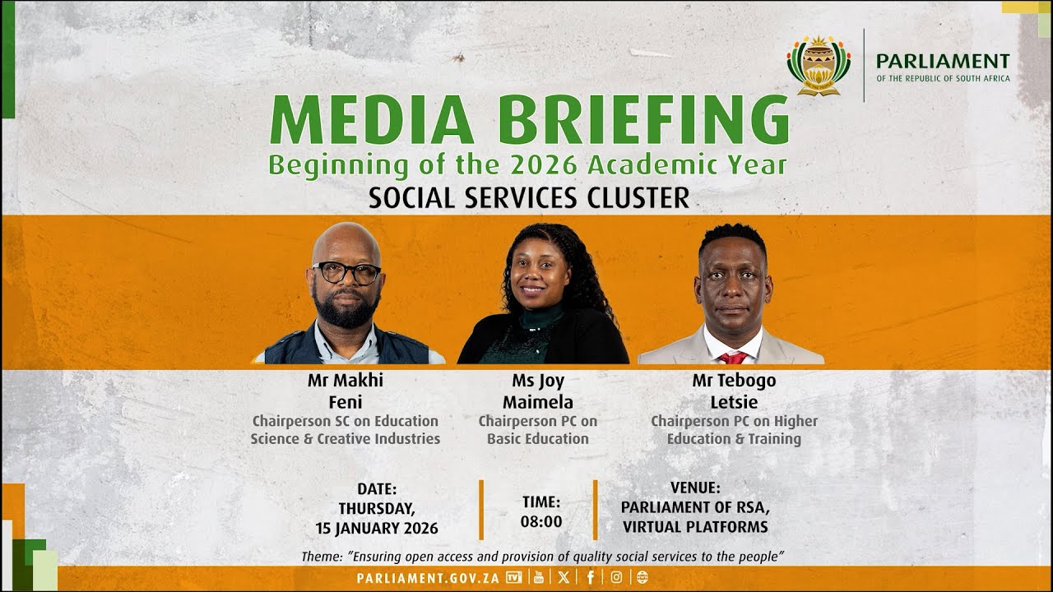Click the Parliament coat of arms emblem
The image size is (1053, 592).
(x=819, y=65)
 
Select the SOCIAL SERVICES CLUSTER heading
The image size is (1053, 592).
(x=528, y=198)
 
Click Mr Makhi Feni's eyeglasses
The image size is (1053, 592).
(x=346, y=272)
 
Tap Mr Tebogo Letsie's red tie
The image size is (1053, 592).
(x=732, y=358)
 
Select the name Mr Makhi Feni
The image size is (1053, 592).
(x=346, y=391)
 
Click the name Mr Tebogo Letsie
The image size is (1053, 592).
(x=734, y=391)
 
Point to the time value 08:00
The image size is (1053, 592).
(x=541, y=521)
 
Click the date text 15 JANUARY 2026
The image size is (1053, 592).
(x=377, y=528)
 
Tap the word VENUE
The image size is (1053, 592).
(x=695, y=488)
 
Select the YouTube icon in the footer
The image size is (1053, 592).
(x=539, y=577)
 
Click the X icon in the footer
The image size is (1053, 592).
(x=564, y=577)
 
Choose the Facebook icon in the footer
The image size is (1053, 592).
(x=590, y=577)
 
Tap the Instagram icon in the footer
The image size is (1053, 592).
(x=616, y=577)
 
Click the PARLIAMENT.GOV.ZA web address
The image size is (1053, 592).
(x=428, y=577)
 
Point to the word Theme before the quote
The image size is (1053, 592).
(x=321, y=557)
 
